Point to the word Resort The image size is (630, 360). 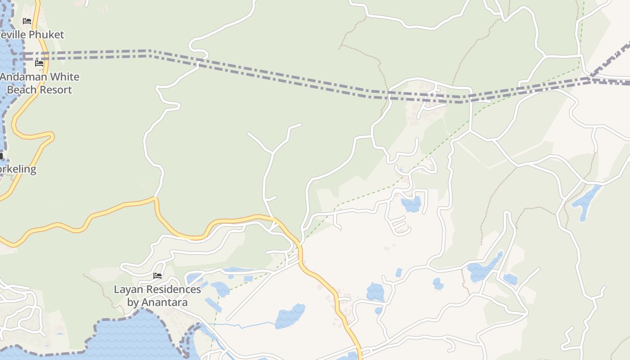tap(56, 90)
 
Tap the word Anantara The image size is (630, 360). tap(165, 302)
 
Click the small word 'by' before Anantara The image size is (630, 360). tap(133, 302)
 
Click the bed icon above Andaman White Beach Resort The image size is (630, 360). tap(39, 63)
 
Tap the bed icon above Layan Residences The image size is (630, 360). tap(157, 275)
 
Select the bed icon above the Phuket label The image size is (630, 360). tap(27, 21)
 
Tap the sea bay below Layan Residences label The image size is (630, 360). tap(135, 337)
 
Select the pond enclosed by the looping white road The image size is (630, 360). tap(411, 204)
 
